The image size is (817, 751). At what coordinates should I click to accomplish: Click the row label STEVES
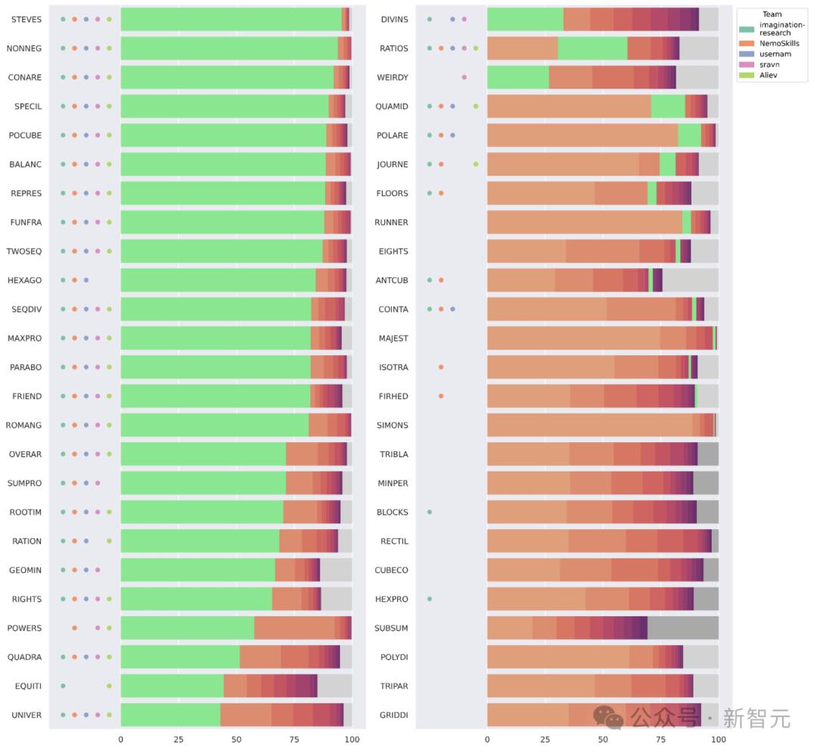26,19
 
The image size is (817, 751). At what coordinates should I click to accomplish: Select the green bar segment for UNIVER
170,715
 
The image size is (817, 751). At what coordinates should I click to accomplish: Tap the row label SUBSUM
392,628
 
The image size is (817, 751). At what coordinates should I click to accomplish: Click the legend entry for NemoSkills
778,44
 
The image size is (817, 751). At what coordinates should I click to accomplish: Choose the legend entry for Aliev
770,76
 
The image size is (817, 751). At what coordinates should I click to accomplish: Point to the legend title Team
772,14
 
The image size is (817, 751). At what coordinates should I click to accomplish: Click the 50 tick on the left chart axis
236,738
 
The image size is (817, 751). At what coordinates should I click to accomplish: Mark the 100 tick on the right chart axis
719,738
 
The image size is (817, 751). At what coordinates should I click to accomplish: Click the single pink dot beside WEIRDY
464,77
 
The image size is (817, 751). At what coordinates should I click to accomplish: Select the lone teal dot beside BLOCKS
430,512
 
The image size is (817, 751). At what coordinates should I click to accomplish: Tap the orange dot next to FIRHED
441,396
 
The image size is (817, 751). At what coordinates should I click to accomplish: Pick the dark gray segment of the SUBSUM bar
682,628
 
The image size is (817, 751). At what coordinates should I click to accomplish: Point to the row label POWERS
25,628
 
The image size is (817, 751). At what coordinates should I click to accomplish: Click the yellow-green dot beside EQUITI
109,686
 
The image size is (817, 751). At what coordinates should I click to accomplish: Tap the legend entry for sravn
769,65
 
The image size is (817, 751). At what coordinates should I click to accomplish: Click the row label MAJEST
393,338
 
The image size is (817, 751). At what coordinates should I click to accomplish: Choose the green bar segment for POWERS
187,628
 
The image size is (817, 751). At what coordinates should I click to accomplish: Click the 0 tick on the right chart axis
487,738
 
